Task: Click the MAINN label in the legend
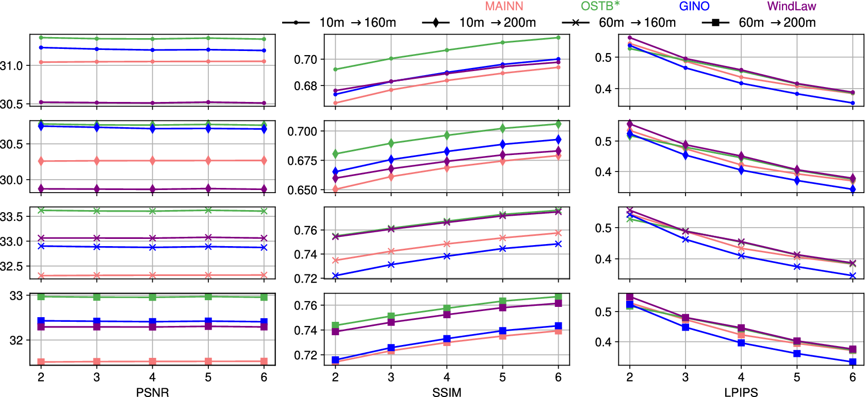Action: [x=504, y=6]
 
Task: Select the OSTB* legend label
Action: [x=600, y=6]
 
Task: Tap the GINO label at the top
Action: [x=694, y=6]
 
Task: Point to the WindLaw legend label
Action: [x=791, y=6]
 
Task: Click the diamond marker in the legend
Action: [x=436, y=23]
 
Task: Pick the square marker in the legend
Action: [x=715, y=23]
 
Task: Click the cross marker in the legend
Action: [x=576, y=23]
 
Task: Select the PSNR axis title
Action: [x=152, y=392]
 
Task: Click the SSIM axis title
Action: [x=447, y=392]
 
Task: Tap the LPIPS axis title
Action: [x=741, y=392]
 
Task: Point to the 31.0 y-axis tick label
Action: [x=11, y=66]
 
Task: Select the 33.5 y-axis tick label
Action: [x=11, y=217]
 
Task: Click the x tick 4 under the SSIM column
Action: [x=447, y=377]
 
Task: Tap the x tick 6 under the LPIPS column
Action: [x=853, y=377]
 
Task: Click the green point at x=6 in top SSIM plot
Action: [x=558, y=38]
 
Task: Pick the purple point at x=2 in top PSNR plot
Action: [x=41, y=102]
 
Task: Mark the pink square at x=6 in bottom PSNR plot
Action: [x=264, y=361]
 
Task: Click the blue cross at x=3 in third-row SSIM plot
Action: [x=391, y=265]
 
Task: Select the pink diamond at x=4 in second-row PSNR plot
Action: [x=152, y=161]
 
